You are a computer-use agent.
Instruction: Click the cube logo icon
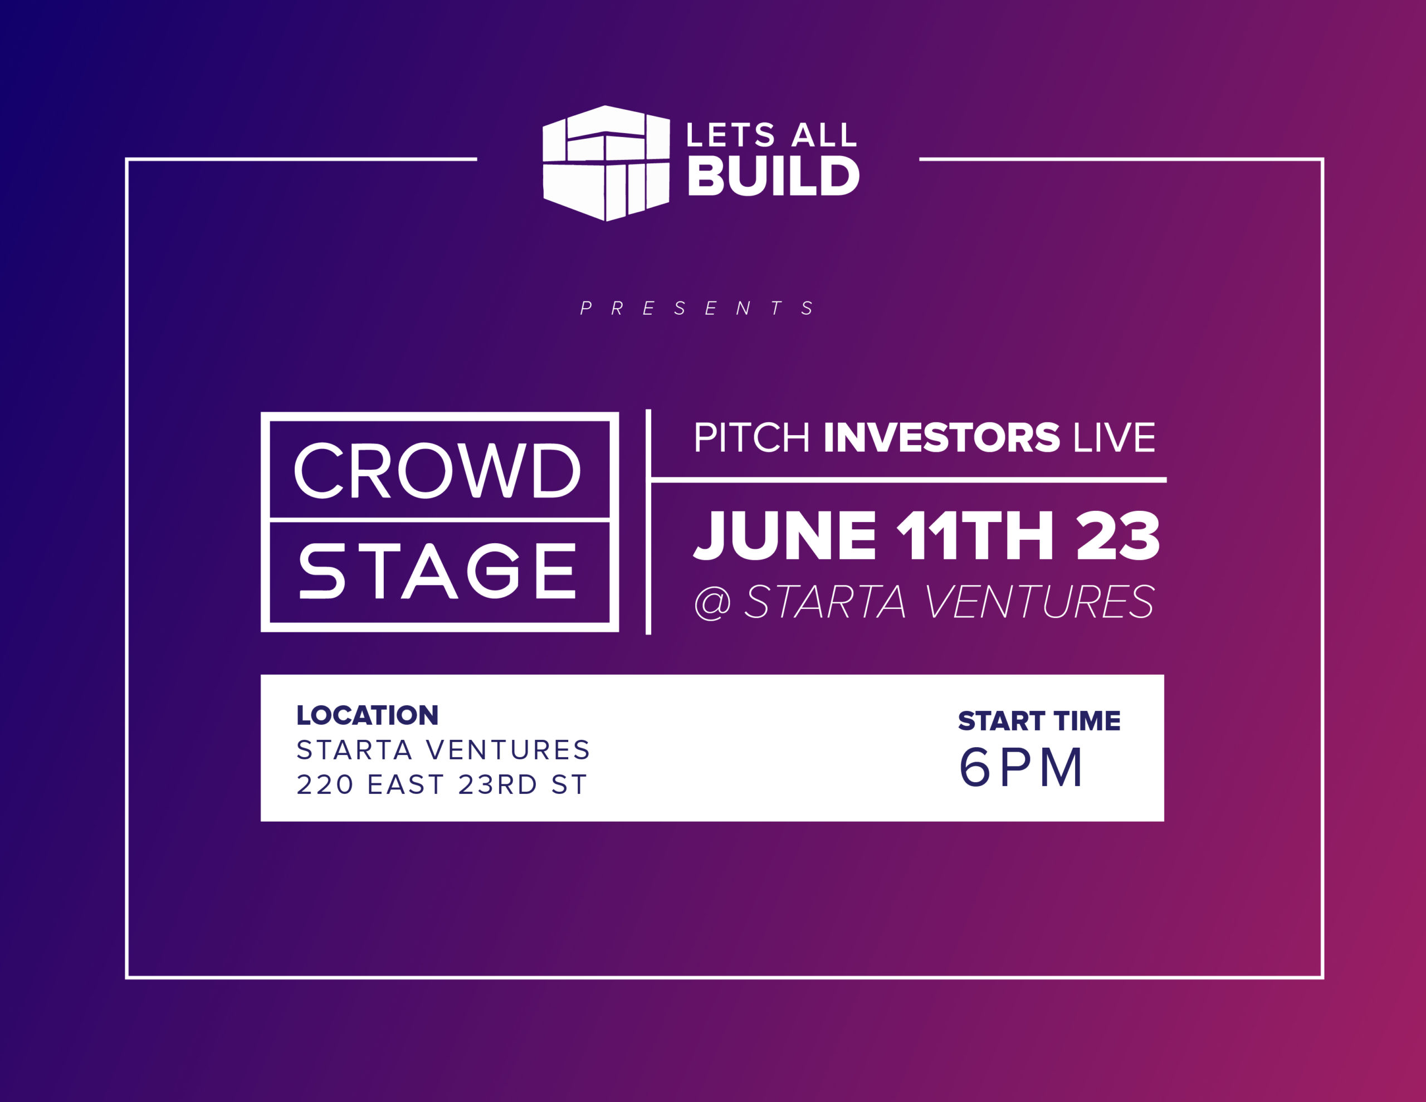[x=606, y=163]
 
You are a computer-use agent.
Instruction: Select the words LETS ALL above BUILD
[x=771, y=135]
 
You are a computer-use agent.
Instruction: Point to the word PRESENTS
[x=697, y=308]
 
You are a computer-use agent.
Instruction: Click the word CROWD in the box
[x=437, y=470]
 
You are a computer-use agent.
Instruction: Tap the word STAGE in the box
[x=437, y=571]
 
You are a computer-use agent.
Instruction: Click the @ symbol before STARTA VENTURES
[x=712, y=602]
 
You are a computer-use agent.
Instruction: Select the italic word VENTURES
[x=1039, y=602]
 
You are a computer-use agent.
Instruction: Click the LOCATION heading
[x=367, y=715]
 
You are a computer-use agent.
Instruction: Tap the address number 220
[x=325, y=784]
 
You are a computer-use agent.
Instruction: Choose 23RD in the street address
[x=497, y=784]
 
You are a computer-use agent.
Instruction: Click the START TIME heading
[x=1039, y=720]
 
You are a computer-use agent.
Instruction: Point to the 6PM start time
[x=1020, y=767]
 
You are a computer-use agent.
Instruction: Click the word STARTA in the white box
[x=354, y=750]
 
